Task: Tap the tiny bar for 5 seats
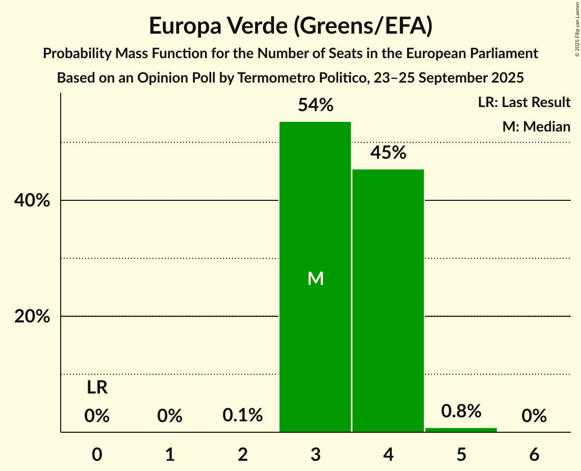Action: coord(461,430)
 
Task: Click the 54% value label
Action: coord(315,106)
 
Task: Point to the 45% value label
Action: coord(388,152)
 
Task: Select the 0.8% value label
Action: coord(461,411)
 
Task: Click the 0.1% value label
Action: coord(243,415)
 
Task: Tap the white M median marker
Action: coord(316,278)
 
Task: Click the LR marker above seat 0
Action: coord(97,388)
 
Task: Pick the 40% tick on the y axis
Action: coord(32,201)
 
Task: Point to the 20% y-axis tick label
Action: coord(32,317)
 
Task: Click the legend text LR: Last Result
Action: coord(524,102)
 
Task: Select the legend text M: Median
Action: coord(536,126)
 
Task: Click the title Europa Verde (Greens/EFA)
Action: coord(291,26)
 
